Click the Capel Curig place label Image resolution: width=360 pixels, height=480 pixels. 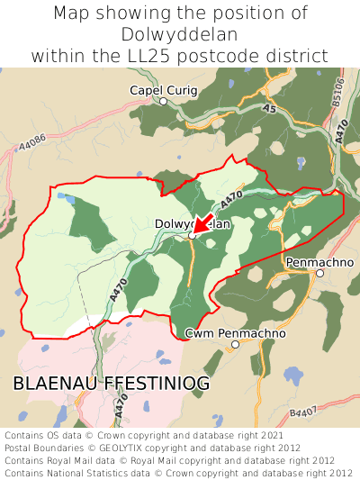pyautogui.click(x=162, y=90)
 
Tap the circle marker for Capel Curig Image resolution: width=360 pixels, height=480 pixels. pyautogui.click(x=163, y=102)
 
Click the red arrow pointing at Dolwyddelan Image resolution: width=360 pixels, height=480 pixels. pyautogui.click(x=203, y=224)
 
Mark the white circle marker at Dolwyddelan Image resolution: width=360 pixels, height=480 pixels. pyautogui.click(x=192, y=235)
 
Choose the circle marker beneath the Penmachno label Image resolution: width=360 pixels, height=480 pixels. pyautogui.click(x=319, y=273)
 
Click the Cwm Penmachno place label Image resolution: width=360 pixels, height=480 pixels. pyautogui.click(x=235, y=333)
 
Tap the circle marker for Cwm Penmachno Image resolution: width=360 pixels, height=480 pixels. pyautogui.click(x=235, y=344)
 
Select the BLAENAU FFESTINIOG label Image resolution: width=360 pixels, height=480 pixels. pyautogui.click(x=112, y=384)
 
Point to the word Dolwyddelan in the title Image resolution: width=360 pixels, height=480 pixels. pyautogui.click(x=179, y=34)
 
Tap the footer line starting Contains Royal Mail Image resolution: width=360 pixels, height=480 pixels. pyautogui.click(x=178, y=459)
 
